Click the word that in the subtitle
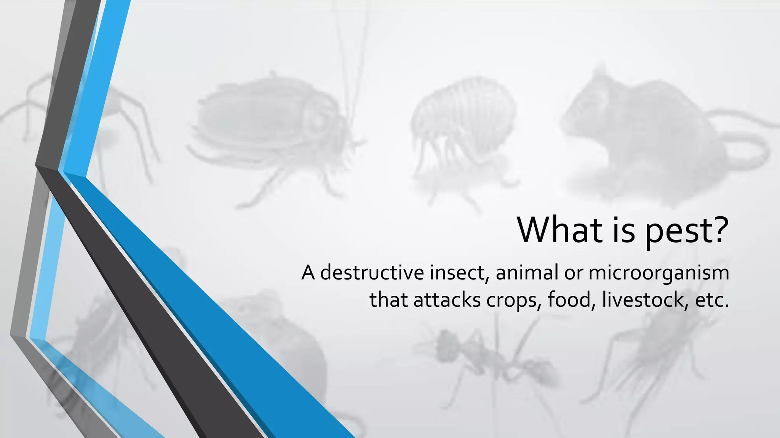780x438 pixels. tap(389, 300)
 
